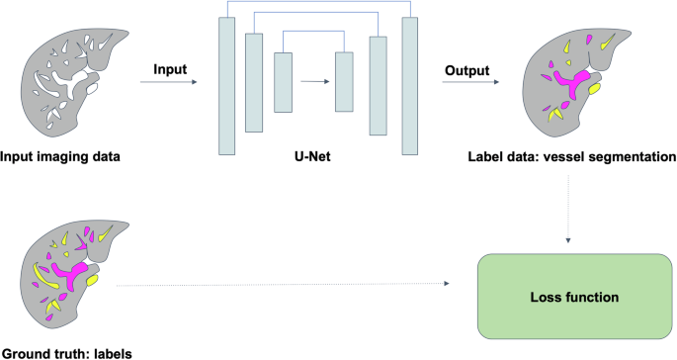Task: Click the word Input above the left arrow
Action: (171, 70)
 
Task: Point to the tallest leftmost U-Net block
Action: (226, 86)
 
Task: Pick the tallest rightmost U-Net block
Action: (409, 86)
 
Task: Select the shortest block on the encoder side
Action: (285, 81)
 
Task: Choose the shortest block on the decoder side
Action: (344, 81)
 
